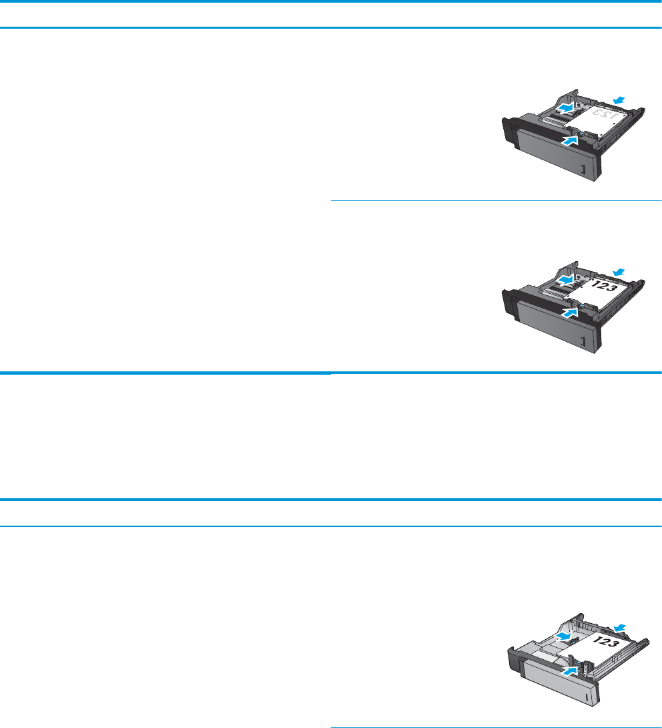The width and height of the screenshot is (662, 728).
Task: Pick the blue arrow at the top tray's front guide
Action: [x=571, y=141]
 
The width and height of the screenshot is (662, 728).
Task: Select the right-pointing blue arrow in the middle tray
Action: [x=564, y=279]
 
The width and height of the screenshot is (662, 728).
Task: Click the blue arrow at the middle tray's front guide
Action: [x=571, y=311]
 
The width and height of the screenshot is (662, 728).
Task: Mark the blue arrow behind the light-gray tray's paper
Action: [x=620, y=626]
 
